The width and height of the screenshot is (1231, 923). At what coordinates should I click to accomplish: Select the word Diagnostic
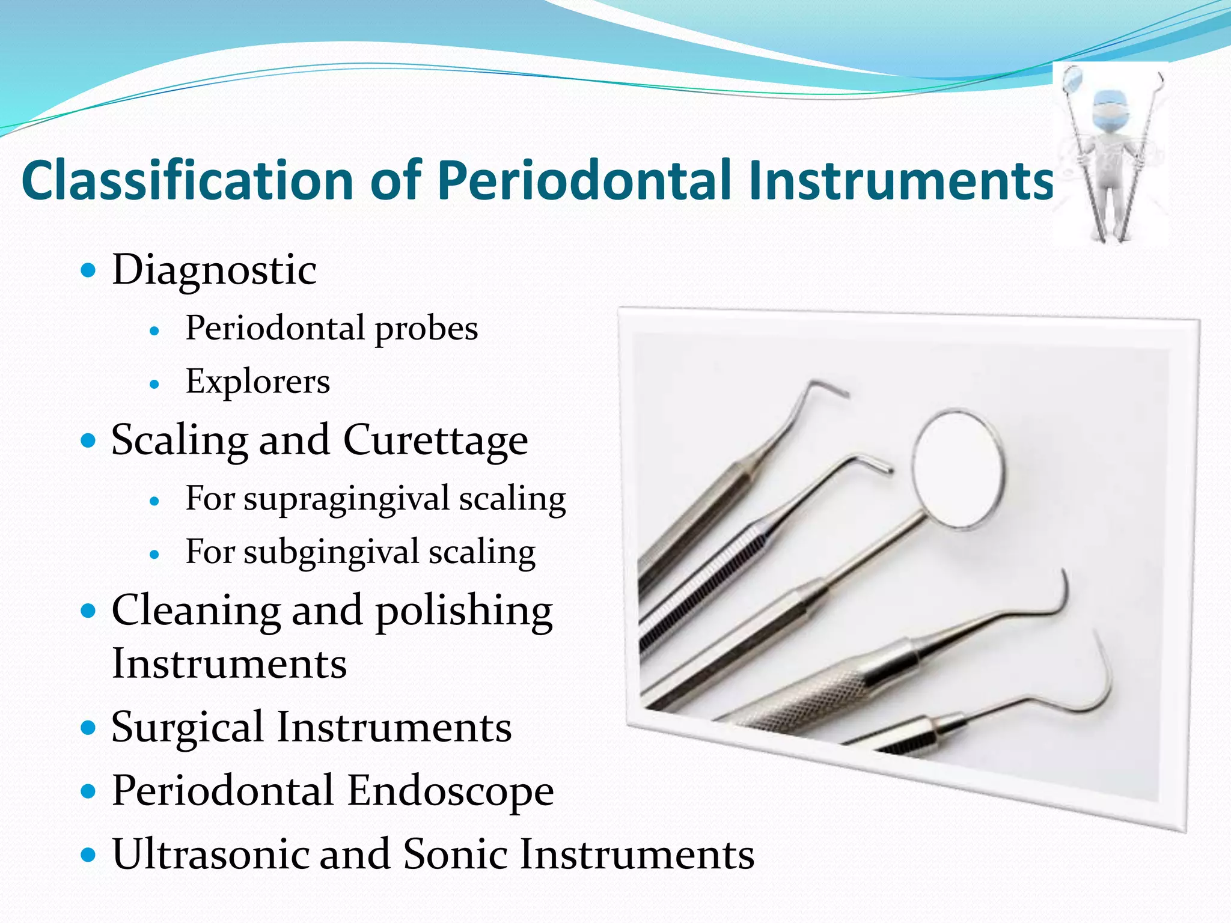[214, 270]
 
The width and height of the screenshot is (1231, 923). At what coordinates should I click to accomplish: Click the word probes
[426, 329]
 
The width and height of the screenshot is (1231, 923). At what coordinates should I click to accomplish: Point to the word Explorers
[258, 382]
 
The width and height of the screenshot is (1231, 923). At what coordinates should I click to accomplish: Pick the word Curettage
[435, 440]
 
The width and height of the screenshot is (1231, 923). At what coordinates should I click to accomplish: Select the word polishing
[464, 611]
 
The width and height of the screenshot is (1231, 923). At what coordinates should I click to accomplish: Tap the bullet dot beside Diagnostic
[88, 270]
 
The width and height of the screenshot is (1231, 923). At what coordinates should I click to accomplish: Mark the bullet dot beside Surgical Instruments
[88, 728]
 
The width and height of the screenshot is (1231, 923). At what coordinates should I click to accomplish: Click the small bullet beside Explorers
[154, 384]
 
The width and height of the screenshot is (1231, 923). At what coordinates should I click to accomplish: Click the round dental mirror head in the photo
[958, 469]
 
